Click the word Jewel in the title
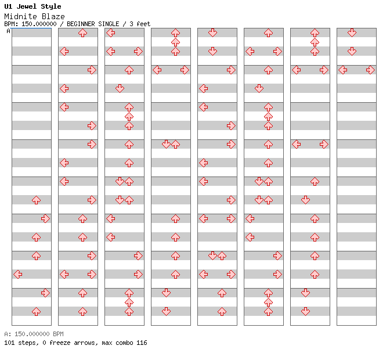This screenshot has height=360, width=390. pyautogui.click(x=26, y=6)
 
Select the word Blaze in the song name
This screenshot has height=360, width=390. pyautogui.click(x=53, y=17)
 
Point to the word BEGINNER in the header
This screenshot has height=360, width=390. pyautogui.click(x=81, y=24)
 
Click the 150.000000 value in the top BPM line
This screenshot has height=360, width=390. pyautogui.click(x=39, y=24)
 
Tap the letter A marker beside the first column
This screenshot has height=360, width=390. pyautogui.click(x=9, y=31)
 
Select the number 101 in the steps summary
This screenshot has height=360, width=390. pyautogui.click(x=9, y=343)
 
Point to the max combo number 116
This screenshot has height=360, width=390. pyautogui.click(x=142, y=343)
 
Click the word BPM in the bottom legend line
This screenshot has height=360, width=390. pyautogui.click(x=58, y=334)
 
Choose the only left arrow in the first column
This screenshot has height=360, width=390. pyautogui.click(x=17, y=275)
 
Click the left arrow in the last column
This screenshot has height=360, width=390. pyautogui.click(x=343, y=70)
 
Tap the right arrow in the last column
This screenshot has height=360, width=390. pyautogui.click(x=371, y=70)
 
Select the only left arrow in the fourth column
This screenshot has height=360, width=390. pyautogui.click(x=157, y=70)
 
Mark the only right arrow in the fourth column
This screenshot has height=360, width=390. pyautogui.click(x=185, y=70)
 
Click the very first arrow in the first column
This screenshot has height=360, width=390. pyautogui.click(x=37, y=200)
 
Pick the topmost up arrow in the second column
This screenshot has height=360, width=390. pyautogui.click(x=82, y=33)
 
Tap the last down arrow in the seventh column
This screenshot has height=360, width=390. pyautogui.click(x=305, y=311)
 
